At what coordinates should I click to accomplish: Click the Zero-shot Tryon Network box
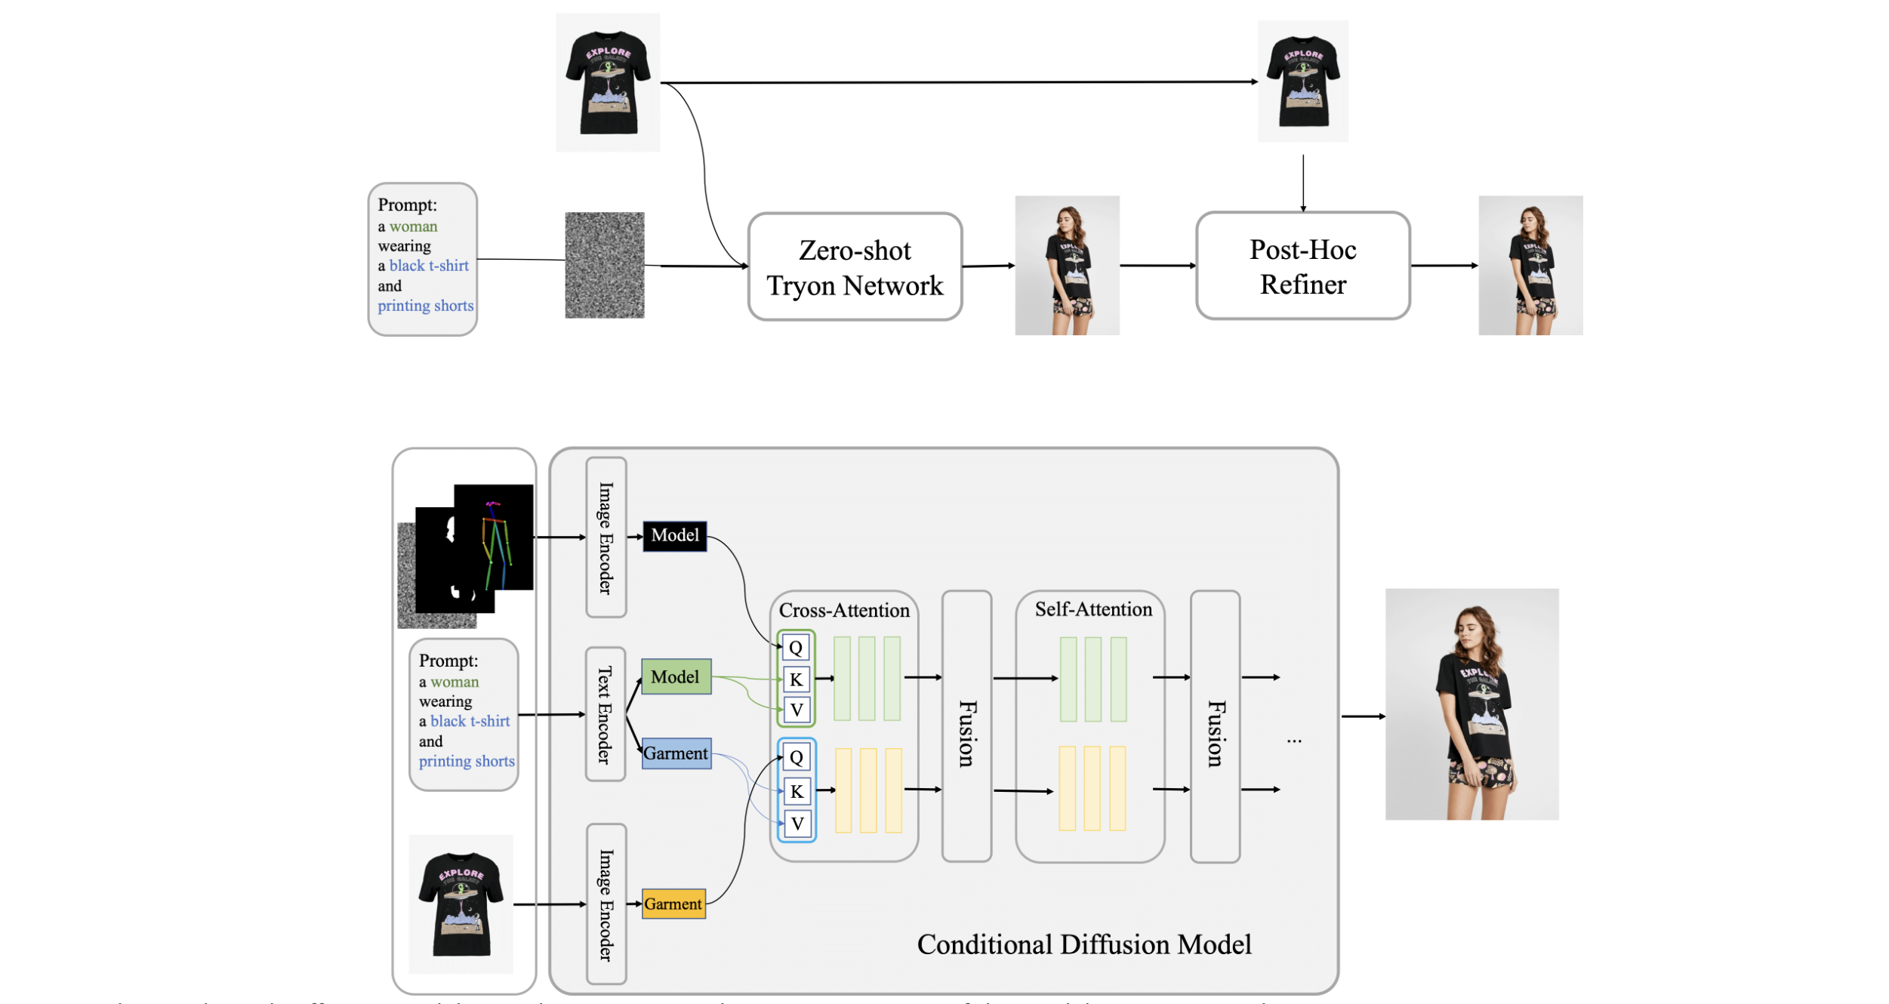pyautogui.click(x=855, y=267)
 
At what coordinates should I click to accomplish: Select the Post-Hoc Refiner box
pyautogui.click(x=1302, y=266)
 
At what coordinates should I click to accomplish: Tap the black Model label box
pyautogui.click(x=674, y=536)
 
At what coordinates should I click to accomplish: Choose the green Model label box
pyautogui.click(x=676, y=677)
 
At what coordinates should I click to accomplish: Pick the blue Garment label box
pyautogui.click(x=676, y=753)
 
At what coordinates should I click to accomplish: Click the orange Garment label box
pyautogui.click(x=673, y=904)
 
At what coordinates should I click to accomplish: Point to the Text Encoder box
pyautogui.click(x=606, y=714)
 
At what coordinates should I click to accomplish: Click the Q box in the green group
pyautogui.click(x=796, y=648)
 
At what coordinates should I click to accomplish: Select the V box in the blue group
pyautogui.click(x=797, y=824)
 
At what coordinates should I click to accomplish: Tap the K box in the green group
pyautogui.click(x=796, y=679)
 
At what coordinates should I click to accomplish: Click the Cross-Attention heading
pyautogui.click(x=844, y=610)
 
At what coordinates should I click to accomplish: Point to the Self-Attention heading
pyautogui.click(x=1092, y=609)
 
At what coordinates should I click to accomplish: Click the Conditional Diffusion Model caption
pyautogui.click(x=1083, y=944)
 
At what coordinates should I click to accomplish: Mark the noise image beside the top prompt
pyautogui.click(x=604, y=265)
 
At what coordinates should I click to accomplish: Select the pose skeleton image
pyautogui.click(x=494, y=537)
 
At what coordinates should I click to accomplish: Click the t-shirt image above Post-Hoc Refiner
pyautogui.click(x=1302, y=81)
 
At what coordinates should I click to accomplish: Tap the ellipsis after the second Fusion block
pyautogui.click(x=1294, y=741)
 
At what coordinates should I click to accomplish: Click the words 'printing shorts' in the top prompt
pyautogui.click(x=425, y=306)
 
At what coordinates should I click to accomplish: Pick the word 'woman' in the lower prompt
pyautogui.click(x=454, y=682)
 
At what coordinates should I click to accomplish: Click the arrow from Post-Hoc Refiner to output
pyautogui.click(x=1444, y=266)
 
